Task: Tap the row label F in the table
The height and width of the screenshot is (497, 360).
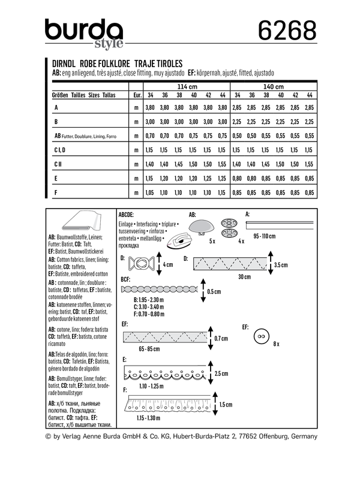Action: tap(56, 192)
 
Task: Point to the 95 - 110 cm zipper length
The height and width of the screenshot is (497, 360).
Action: tap(272, 236)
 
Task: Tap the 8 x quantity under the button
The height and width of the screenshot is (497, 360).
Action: tap(277, 344)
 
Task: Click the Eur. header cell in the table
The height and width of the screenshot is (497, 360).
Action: tap(137, 95)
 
